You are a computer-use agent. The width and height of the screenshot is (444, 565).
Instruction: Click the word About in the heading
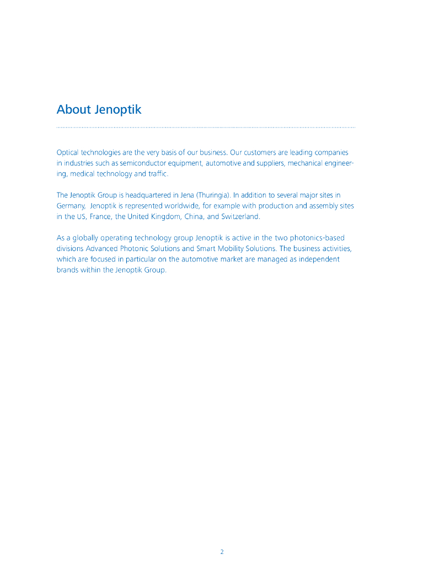(73, 109)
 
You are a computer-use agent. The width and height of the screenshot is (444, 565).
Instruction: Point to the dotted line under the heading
(206, 127)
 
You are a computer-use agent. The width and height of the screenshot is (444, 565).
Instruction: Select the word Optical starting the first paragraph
(68, 152)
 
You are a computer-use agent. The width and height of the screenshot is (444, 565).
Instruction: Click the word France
(100, 216)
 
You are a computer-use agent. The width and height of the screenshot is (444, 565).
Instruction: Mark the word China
(195, 216)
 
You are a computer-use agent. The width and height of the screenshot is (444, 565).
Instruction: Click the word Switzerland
(240, 216)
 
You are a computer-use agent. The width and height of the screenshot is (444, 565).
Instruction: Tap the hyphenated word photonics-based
(318, 238)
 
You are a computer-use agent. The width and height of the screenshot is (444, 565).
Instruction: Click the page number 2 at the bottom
(222, 552)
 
